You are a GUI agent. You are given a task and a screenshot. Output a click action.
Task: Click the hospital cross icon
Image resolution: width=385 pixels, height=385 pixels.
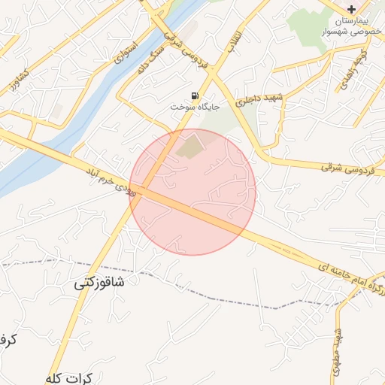coord(351,8)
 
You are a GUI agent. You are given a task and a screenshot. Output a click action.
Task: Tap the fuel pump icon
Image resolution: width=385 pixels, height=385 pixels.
coord(196,96)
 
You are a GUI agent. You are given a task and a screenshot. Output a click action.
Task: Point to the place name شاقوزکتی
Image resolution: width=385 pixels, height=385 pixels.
coord(109,283)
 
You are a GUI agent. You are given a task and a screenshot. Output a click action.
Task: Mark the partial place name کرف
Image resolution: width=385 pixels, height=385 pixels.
coord(7,340)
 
